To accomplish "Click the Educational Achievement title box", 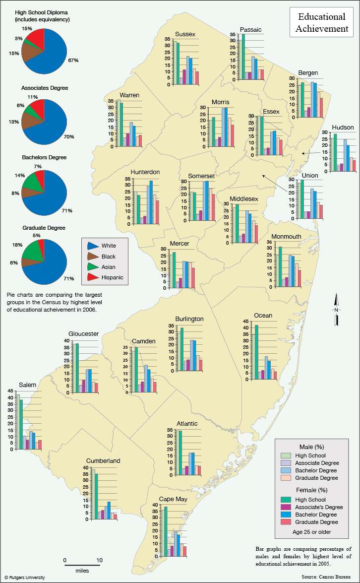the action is (x=322, y=23).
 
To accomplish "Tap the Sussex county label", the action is (x=185, y=34).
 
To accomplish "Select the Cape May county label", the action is (x=173, y=499).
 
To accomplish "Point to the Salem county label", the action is (x=27, y=385).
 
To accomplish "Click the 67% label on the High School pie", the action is (x=73, y=60).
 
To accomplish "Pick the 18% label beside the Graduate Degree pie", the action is (x=17, y=245).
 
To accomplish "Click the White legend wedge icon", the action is (x=93, y=246).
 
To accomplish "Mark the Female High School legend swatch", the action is (x=286, y=500).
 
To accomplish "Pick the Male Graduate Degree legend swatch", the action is (x=286, y=478).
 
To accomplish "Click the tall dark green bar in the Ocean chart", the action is (x=256, y=352).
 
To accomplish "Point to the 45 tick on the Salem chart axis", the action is (x=10, y=391).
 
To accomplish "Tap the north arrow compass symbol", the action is (x=336, y=309).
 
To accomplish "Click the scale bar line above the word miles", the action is (x=82, y=565).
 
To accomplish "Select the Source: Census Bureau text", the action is (x=326, y=577).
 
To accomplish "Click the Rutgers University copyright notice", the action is (x=25, y=578).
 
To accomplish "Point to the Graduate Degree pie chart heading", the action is (x=44, y=228).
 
